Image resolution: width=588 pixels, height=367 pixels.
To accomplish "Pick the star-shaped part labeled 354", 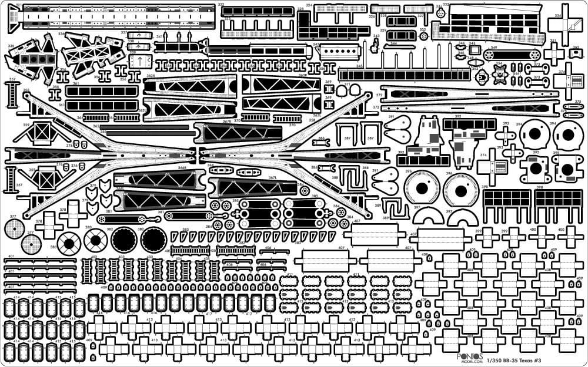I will point(500,74).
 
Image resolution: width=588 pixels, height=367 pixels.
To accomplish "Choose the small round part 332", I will point(423,36).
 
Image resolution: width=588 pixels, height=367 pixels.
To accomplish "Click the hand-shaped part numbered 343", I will point(375,45).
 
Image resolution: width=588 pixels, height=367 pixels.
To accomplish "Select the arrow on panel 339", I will point(139,62).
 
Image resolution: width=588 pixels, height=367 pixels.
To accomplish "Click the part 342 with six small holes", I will point(341,51).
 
